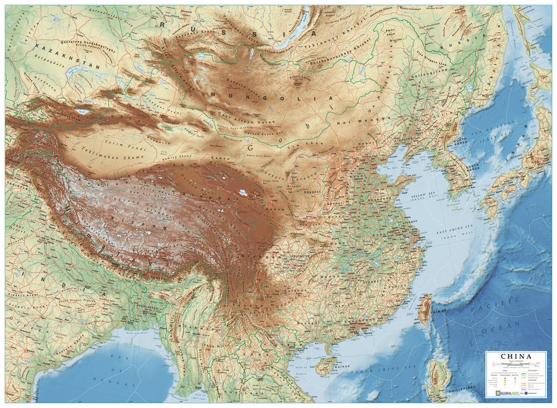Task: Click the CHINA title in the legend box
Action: (516, 357)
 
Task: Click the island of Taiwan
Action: (424, 309)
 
